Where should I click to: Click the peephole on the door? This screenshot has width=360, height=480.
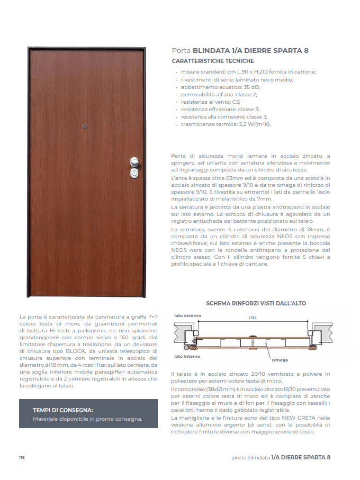[85, 126]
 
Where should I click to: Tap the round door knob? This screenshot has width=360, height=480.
[134, 162]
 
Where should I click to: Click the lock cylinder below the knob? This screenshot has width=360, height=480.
[134, 173]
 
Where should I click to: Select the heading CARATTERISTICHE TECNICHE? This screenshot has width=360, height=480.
[209, 61]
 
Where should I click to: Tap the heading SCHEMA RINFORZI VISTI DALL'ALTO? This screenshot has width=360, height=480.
[256, 303]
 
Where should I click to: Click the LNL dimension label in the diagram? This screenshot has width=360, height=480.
[254, 318]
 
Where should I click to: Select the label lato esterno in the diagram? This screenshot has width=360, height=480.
[188, 316]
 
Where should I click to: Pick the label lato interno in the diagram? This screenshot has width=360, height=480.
[187, 357]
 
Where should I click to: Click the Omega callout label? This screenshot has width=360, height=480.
[280, 360]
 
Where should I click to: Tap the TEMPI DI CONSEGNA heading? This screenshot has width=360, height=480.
[63, 410]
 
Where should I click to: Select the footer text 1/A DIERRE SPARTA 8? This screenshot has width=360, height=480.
[301, 457]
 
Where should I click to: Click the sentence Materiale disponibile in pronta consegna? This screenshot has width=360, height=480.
[87, 419]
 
